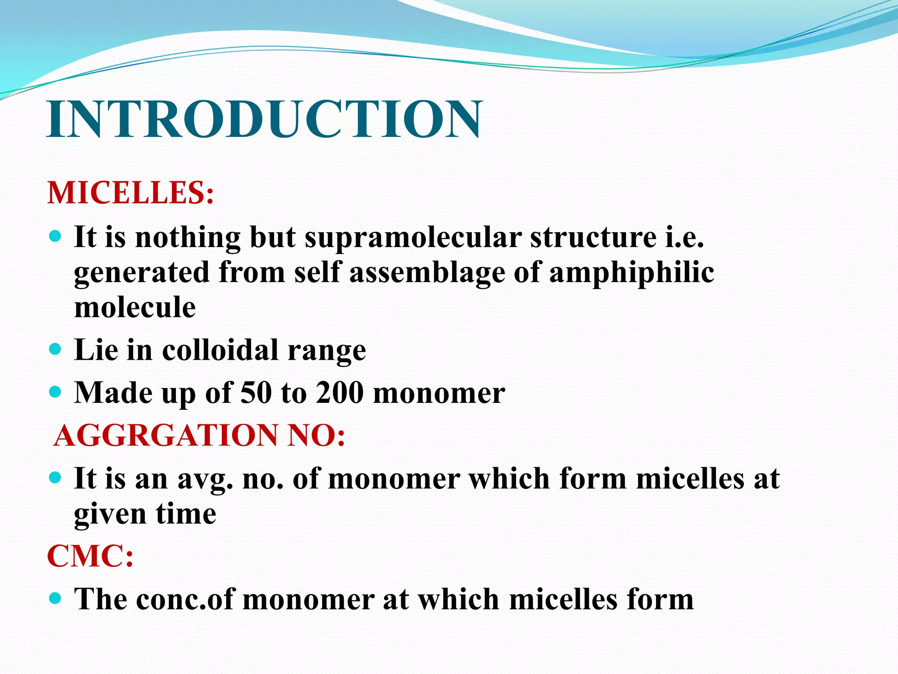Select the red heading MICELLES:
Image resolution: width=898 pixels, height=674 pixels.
(131, 193)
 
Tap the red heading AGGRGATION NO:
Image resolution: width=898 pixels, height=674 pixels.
(200, 435)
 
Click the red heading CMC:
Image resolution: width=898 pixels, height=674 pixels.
(90, 556)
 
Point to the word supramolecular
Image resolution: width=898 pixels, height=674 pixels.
(413, 238)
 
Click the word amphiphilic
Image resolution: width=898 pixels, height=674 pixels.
(631, 273)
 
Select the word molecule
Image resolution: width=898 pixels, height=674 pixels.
(135, 307)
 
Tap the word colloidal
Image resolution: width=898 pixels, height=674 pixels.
(220, 350)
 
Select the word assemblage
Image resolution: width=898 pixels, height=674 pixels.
(428, 273)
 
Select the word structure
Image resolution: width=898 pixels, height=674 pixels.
(593, 237)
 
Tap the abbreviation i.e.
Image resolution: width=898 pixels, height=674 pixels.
(684, 237)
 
